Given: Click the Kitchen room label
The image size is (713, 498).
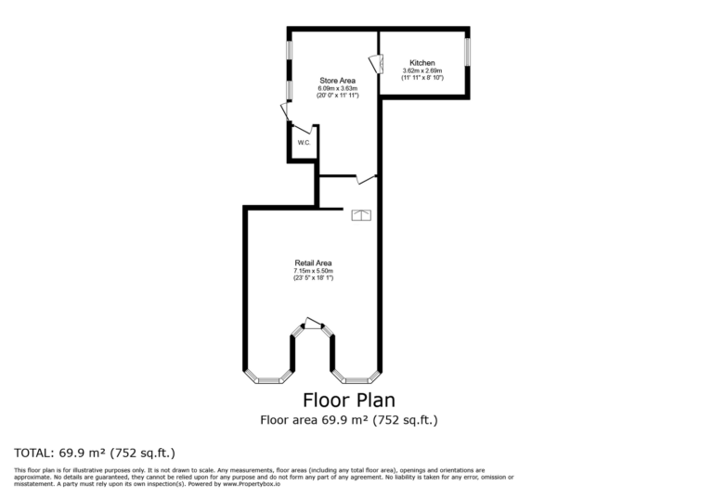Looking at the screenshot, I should (422, 63).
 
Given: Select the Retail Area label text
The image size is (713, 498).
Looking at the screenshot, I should (313, 262).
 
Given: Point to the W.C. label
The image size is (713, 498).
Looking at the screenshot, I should (303, 142).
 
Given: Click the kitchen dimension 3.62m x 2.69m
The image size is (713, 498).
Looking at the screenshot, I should (422, 70).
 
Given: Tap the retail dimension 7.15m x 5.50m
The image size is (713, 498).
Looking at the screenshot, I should (313, 270).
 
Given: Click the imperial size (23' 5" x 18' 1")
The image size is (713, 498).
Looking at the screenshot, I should (313, 277).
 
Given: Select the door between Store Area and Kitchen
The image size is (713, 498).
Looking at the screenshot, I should (375, 65).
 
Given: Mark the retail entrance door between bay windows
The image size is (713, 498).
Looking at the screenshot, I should (314, 324).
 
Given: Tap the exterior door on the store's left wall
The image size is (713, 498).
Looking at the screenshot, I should (285, 111).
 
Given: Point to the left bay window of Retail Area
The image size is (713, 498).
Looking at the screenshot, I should (268, 379).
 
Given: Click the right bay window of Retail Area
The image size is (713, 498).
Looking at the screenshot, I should (356, 379).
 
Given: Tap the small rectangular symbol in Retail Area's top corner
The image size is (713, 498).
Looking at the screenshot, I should (361, 216).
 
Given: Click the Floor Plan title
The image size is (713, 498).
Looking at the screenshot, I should (349, 401).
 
